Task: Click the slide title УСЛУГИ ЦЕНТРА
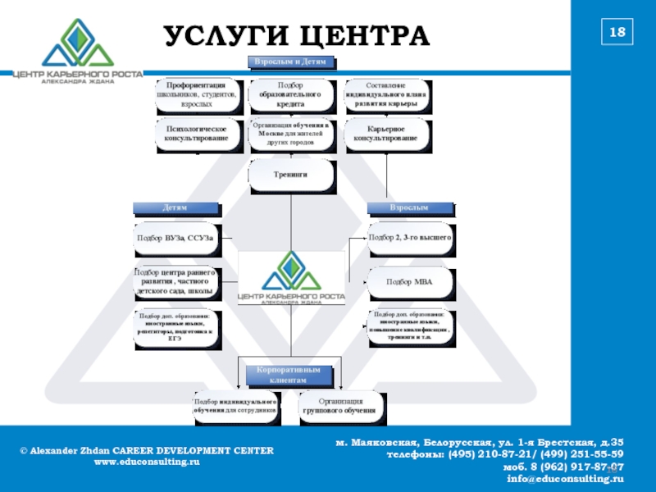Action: pyautogui.click(x=297, y=37)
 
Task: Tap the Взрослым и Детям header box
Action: pyautogui.click(x=291, y=62)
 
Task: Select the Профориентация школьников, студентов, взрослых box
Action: pyautogui.click(x=198, y=95)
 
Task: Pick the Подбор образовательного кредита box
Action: pyautogui.click(x=291, y=95)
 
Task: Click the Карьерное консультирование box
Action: pyautogui.click(x=386, y=134)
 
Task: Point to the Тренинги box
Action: pyautogui.click(x=291, y=175)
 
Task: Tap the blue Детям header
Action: pyautogui.click(x=175, y=208)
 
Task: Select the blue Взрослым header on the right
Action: pyautogui.click(x=408, y=208)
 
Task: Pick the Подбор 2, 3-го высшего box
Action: pyautogui.click(x=410, y=238)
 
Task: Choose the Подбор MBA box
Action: pyautogui.click(x=409, y=282)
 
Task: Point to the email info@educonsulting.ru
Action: pyautogui.click(x=566, y=478)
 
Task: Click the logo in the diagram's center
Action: pyautogui.click(x=292, y=279)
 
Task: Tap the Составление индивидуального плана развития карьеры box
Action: pyautogui.click(x=386, y=95)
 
